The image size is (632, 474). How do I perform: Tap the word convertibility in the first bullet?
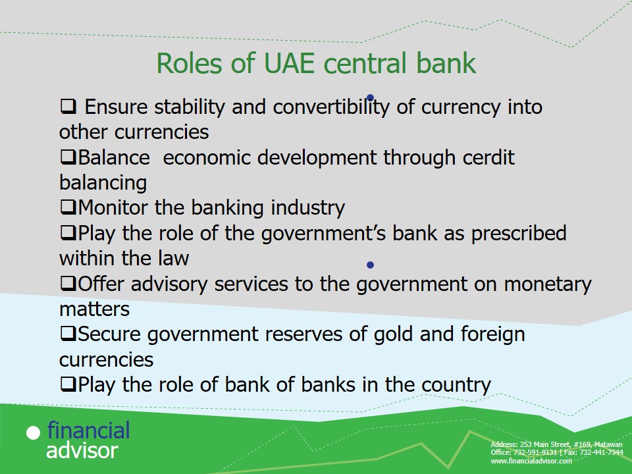point(331,107)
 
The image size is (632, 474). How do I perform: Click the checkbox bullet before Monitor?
point(68,207)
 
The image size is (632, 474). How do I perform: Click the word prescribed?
point(519,234)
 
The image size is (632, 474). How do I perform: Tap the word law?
point(173,258)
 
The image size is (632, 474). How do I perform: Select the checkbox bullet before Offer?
point(68,283)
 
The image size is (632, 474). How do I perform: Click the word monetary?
point(548,284)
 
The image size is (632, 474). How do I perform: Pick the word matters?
point(94,309)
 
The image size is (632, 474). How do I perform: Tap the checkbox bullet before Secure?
point(68,334)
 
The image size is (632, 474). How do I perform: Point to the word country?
point(456,385)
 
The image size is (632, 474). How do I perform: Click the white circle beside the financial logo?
point(34,433)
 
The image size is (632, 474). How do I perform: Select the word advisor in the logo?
point(82,450)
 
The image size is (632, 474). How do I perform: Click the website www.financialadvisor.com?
point(531,461)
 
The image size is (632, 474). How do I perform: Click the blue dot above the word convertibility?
point(370,97)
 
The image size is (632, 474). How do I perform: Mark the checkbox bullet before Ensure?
point(68,107)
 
